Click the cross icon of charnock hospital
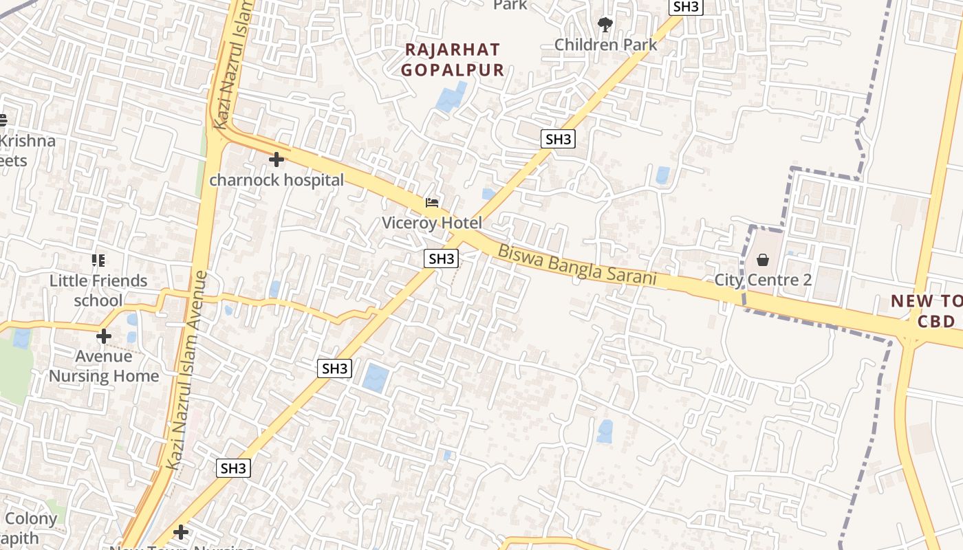pyautogui.click(x=277, y=160)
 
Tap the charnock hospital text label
pyautogui.click(x=277, y=180)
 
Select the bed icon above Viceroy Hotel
pyautogui.click(x=432, y=203)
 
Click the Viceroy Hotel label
pyautogui.click(x=432, y=223)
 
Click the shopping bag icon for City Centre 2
pyautogui.click(x=763, y=260)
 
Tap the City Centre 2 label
pyautogui.click(x=763, y=280)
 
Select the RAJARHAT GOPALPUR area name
pyautogui.click(x=453, y=60)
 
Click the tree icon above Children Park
pyautogui.click(x=605, y=25)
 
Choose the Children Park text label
pyautogui.click(x=605, y=45)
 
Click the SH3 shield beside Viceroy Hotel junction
pyautogui.click(x=441, y=258)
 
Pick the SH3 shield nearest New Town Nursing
pyautogui.click(x=233, y=469)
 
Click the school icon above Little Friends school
pyautogui.click(x=98, y=261)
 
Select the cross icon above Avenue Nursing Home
pyautogui.click(x=104, y=336)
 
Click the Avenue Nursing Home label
pyautogui.click(x=104, y=366)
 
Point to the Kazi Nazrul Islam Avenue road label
pyautogui.click(x=188, y=371)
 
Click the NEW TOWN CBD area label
pyautogui.click(x=925, y=311)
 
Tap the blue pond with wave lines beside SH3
pyautogui.click(x=376, y=378)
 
